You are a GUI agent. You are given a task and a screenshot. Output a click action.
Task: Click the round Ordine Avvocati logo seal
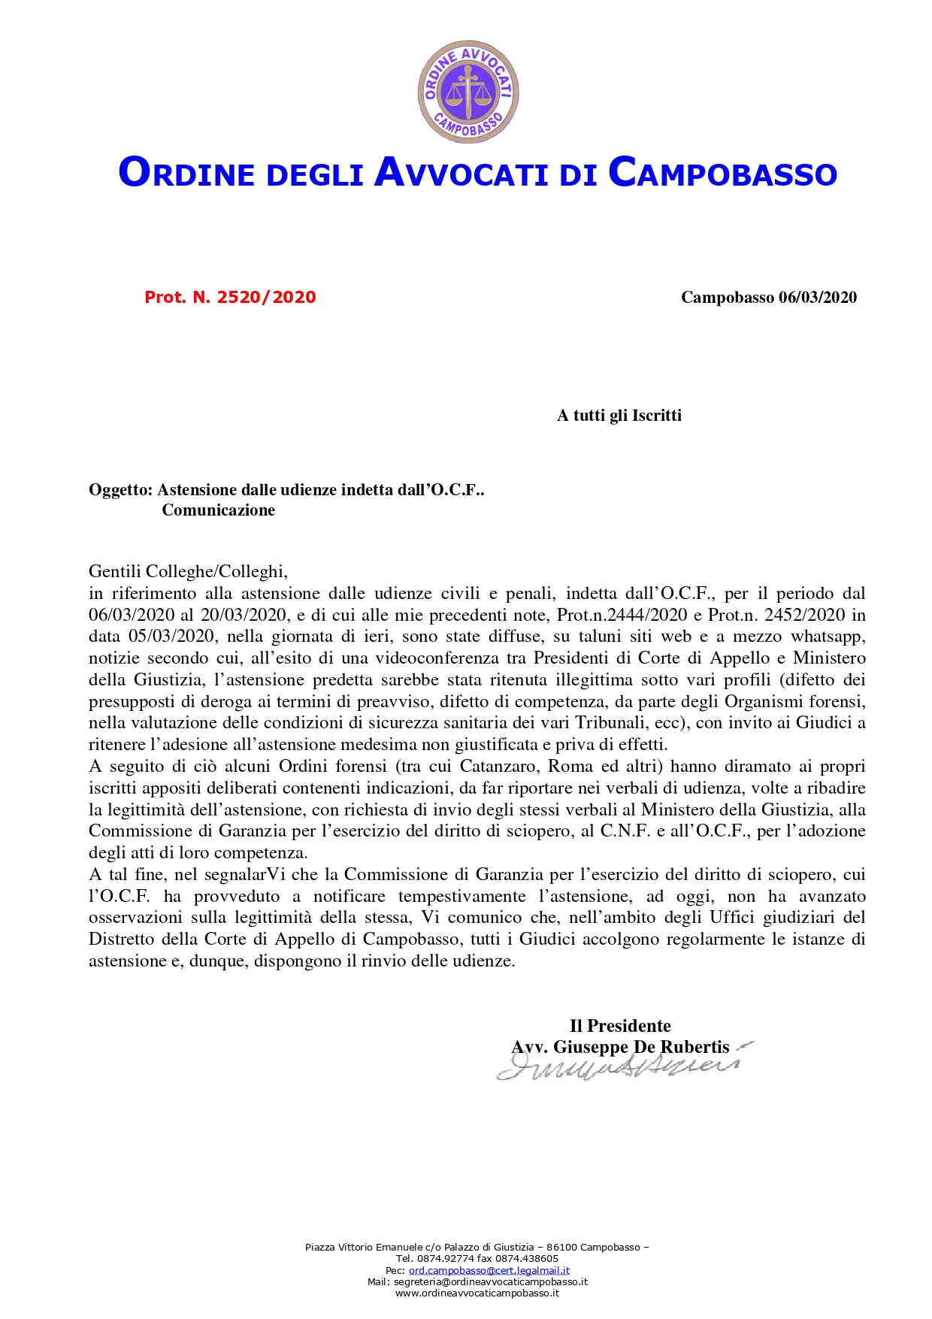[468, 92]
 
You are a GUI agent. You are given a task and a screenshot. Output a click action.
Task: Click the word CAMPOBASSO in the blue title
[722, 172]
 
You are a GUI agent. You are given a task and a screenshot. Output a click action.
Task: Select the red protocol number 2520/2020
[266, 298]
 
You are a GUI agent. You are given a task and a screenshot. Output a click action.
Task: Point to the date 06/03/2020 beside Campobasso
[818, 298]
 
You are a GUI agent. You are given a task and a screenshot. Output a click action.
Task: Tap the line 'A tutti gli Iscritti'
[619, 416]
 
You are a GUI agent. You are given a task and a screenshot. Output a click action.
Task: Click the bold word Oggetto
[120, 491]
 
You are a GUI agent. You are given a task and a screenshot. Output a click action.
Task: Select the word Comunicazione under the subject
[218, 511]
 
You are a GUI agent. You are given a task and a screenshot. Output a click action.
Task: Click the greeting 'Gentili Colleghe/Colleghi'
[188, 572]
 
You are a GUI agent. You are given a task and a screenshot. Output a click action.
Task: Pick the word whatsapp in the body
[828, 637]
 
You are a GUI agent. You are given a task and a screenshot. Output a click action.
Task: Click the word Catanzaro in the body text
[498, 767]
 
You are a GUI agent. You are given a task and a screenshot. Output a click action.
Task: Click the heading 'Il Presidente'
[620, 1026]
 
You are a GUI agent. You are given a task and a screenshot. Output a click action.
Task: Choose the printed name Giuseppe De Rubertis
[641, 1047]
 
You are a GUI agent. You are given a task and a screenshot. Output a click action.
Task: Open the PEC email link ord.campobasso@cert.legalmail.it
[489, 1270]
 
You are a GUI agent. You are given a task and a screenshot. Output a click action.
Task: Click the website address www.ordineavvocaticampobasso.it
[477, 1293]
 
